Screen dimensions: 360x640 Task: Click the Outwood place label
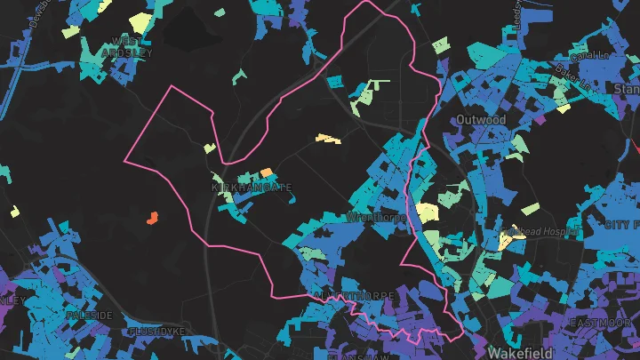point(481,119)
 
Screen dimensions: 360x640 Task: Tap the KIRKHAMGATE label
point(239,188)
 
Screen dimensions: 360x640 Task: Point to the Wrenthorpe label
point(377,217)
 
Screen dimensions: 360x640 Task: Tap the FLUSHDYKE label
point(157,332)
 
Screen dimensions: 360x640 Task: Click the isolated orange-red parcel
point(151,216)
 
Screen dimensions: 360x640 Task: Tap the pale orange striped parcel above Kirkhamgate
point(328,139)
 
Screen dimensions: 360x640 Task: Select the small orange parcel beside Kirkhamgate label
point(266,172)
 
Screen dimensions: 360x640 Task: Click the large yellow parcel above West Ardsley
point(140,22)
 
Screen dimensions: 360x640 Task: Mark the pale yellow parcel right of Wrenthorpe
point(428,212)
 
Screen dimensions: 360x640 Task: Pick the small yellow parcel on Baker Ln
point(563,108)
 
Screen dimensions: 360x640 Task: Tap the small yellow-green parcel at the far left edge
point(14,212)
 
